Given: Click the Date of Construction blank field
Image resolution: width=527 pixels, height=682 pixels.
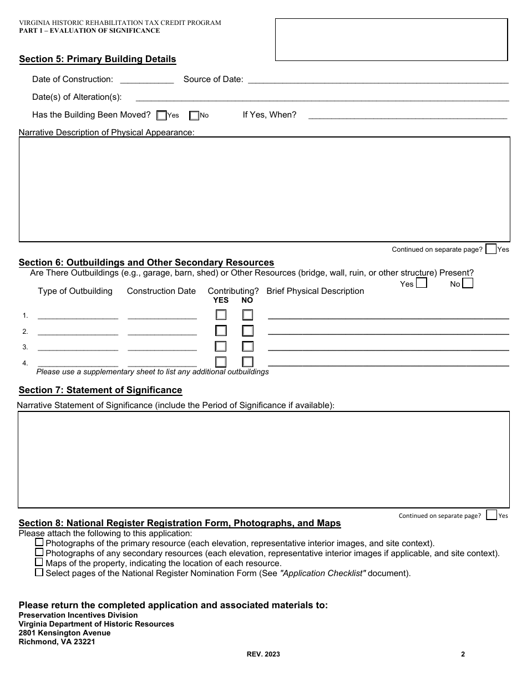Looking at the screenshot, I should pos(146,80).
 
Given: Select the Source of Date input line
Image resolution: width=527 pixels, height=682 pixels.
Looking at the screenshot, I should pos(377,80).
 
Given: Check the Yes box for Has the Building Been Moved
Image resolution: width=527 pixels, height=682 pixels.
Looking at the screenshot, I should pos(161,115).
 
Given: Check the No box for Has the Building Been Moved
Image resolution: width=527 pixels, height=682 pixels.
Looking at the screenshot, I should pos(194,115).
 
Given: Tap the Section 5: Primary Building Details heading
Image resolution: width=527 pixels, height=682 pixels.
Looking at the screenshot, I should pos(98,59).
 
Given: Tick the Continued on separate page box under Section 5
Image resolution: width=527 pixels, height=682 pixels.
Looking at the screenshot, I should pos(490,249).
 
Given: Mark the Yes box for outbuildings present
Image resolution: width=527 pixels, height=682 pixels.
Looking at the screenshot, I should pos(422,283).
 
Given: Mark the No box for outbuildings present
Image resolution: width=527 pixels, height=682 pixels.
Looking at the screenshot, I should pos(468,283).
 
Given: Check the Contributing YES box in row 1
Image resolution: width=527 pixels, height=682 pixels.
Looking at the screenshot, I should pos(221,315).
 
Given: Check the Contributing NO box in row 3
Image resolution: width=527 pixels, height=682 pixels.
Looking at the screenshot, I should pos(247,347).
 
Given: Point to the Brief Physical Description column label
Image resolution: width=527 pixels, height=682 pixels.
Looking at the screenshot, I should pos(315,291).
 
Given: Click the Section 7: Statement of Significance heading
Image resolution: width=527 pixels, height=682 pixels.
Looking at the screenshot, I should pos(100,390).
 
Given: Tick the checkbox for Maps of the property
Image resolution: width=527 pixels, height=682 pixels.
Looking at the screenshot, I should pos(39,562).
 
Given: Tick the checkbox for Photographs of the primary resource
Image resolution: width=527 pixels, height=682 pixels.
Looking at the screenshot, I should pos(39,542).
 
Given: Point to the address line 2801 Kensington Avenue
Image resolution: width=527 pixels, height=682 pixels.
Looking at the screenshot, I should pos(64,633).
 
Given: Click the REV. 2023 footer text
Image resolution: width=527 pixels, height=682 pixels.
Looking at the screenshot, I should pos(263,654).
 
